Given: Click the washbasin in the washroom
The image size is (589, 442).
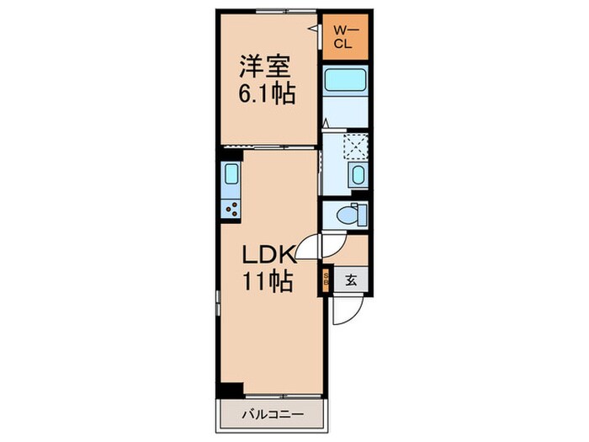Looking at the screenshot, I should click(359, 178).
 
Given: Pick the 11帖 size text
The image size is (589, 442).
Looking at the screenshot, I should click(268, 282).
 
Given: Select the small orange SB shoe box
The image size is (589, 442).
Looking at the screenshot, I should click(325, 279).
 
